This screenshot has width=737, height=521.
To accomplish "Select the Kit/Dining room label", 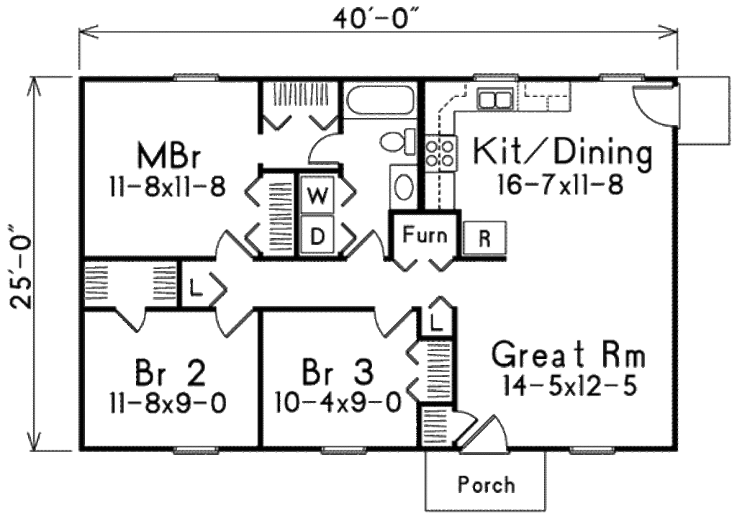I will [x=561, y=153].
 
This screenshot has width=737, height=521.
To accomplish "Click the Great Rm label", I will [x=569, y=355].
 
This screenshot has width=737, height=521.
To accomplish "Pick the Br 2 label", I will [x=170, y=373].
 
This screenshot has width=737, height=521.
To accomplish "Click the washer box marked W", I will [x=317, y=194].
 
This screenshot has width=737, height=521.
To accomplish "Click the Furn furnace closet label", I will [x=424, y=235].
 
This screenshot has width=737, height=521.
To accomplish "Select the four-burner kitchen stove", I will [x=440, y=153].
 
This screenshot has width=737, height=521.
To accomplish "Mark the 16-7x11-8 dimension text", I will [x=559, y=185].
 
